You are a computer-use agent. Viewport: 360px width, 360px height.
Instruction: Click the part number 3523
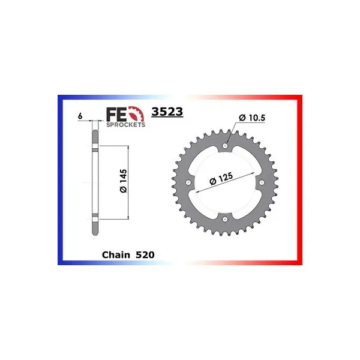[167, 112]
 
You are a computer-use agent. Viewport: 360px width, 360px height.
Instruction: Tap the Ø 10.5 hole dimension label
[252, 118]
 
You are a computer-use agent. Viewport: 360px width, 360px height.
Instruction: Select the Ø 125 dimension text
[221, 178]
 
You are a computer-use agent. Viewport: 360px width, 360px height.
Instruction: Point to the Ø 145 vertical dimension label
[123, 181]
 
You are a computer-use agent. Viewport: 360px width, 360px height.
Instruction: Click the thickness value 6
[80, 116]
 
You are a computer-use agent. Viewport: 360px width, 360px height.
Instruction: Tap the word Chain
[116, 255]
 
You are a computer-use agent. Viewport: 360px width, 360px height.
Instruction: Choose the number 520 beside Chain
[145, 255]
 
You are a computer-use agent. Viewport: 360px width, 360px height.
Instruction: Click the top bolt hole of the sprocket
[225, 146]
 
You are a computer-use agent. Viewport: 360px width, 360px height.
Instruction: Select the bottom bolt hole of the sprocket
[225, 219]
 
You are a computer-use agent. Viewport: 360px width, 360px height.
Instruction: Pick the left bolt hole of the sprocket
[188, 182]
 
